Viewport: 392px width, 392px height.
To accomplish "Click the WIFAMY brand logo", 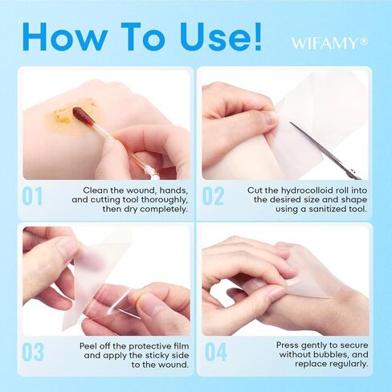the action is (x=329, y=43).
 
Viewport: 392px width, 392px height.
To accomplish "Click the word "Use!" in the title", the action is (x=220, y=36).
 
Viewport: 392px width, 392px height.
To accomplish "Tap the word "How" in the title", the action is (x=65, y=36).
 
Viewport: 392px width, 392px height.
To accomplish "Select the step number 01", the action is (x=32, y=196).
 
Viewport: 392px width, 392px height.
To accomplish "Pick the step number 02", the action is (x=213, y=196).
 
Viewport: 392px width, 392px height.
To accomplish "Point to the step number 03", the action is (x=33, y=352).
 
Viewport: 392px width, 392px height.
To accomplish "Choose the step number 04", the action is (x=215, y=352).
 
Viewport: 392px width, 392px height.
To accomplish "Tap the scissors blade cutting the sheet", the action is (x=325, y=150).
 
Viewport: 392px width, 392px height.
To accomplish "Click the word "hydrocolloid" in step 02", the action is (x=309, y=190).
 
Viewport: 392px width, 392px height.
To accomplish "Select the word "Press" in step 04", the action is (x=287, y=345).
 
